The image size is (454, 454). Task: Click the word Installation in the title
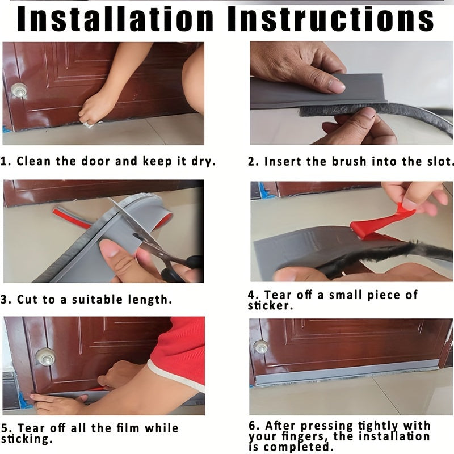[x=115, y=19]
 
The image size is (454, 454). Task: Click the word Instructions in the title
[x=331, y=19]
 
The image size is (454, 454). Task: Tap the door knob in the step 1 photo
[x=19, y=90]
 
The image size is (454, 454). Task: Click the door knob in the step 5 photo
[x=45, y=356]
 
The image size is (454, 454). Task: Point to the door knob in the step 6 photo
[x=261, y=346]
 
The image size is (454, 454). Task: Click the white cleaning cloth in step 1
[x=90, y=125]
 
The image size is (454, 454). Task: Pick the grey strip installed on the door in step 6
[x=347, y=373]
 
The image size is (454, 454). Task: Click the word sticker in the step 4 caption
[x=271, y=306]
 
